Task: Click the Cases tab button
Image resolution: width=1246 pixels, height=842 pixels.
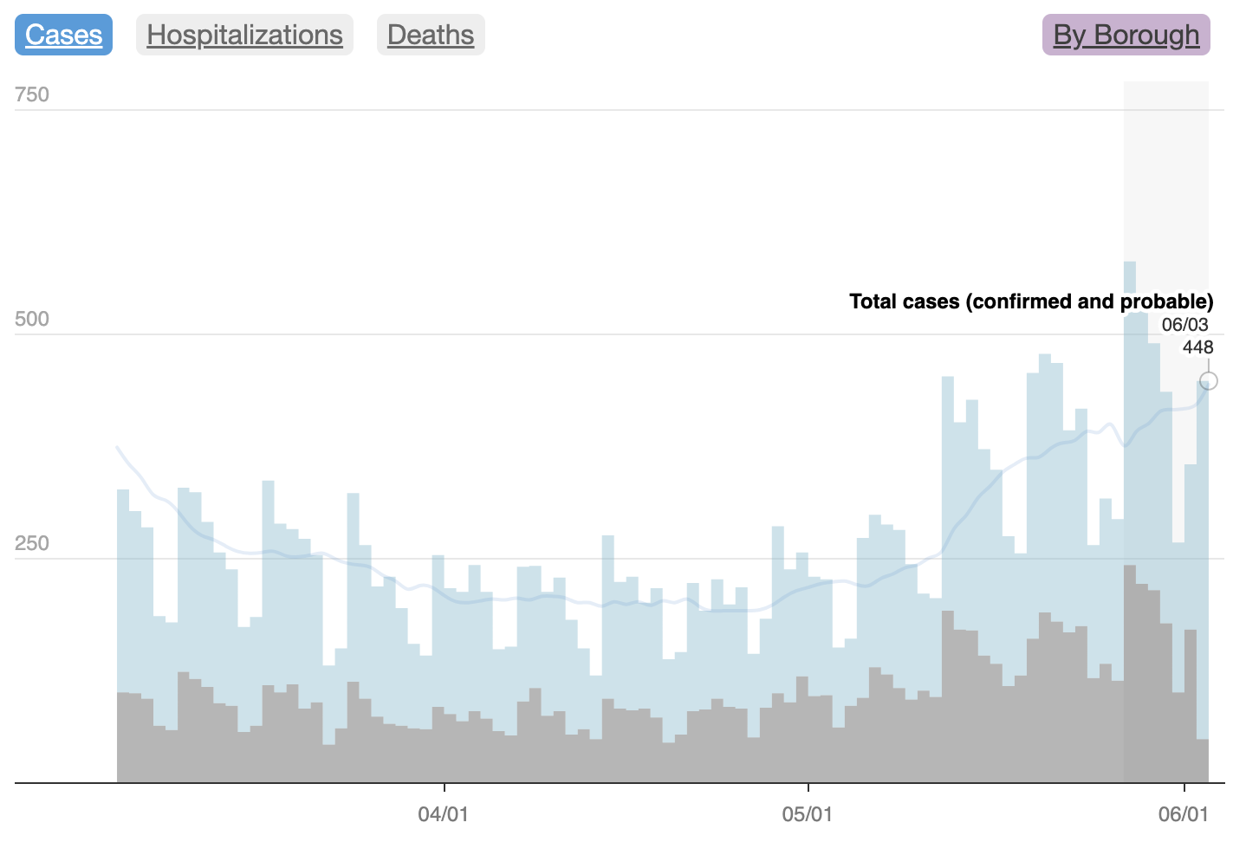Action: (x=63, y=35)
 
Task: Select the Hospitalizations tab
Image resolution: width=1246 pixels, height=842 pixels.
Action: (x=244, y=35)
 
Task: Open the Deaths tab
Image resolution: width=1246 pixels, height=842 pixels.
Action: (x=431, y=35)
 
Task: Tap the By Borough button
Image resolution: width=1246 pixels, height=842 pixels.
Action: (x=1126, y=35)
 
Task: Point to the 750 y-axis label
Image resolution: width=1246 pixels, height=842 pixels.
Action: (x=32, y=94)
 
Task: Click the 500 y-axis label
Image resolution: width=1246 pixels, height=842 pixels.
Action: (x=32, y=319)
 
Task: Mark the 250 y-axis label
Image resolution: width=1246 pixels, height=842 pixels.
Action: (x=32, y=543)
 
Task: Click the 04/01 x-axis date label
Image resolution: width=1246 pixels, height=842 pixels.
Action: (x=443, y=814)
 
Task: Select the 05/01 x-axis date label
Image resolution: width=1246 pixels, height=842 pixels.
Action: (x=808, y=814)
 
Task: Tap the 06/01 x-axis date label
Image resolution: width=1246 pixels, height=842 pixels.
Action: (x=1184, y=814)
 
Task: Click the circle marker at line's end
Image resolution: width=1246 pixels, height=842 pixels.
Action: (x=1209, y=381)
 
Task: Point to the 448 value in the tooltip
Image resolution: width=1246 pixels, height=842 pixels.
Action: (x=1197, y=347)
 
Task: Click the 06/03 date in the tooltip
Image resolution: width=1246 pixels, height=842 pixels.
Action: (x=1184, y=325)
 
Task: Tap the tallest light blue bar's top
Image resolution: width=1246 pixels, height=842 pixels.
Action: (x=1130, y=263)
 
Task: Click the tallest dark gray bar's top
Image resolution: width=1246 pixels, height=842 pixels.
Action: (x=1130, y=567)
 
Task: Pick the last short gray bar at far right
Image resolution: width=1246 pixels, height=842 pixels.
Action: (x=1203, y=761)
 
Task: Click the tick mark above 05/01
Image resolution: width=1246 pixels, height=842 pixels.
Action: (x=808, y=787)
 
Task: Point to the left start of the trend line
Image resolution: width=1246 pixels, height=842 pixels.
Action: (x=118, y=447)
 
